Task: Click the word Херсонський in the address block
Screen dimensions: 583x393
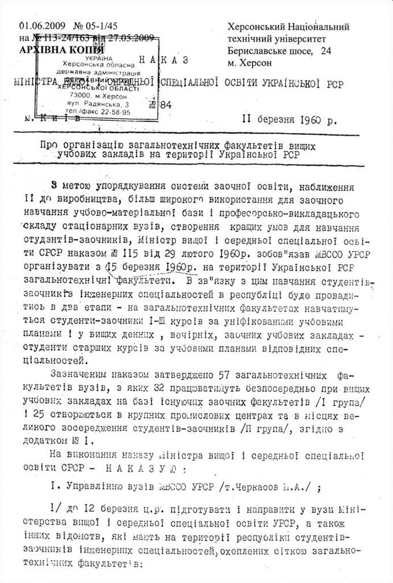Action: point(254,27)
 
